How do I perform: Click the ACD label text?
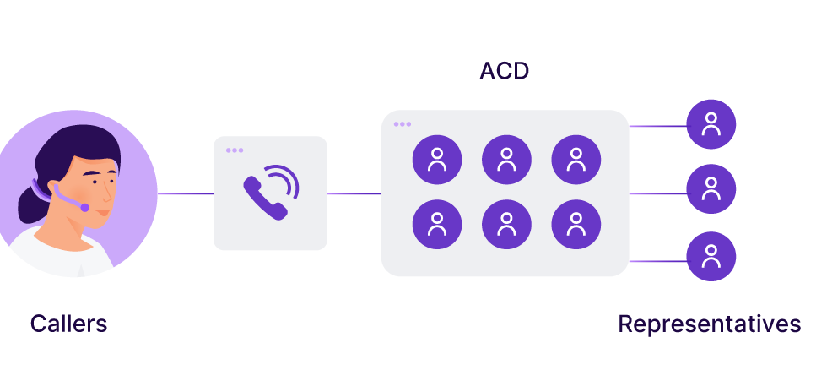pos(504,71)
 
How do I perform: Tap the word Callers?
pos(68,324)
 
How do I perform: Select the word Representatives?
pos(709,324)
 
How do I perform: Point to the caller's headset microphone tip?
pos(84,207)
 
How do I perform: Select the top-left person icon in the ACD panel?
pos(437,160)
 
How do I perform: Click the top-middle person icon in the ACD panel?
pos(506,160)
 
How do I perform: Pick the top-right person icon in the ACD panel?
pos(576,160)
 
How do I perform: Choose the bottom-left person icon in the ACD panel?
pos(437,225)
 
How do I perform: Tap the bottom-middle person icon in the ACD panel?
pos(506,225)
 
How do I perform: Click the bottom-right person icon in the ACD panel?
pos(576,225)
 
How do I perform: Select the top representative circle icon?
pos(711,124)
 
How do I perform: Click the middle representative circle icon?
pos(711,188)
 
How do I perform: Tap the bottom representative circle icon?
pos(711,256)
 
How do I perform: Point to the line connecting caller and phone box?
pos(186,193)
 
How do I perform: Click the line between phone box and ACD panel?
pos(354,193)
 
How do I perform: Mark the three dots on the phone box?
pos(235,150)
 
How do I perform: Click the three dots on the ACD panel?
pos(403,124)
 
